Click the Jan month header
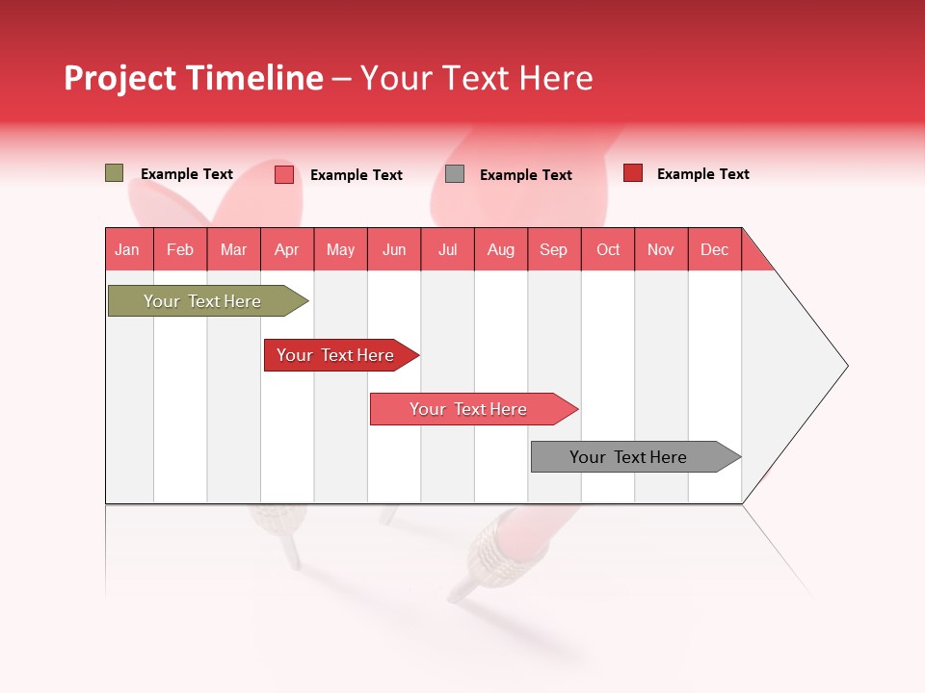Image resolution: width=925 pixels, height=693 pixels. tap(128, 249)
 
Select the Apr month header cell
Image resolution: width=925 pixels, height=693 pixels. tap(287, 249)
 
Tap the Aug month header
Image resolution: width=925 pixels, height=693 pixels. tap(501, 249)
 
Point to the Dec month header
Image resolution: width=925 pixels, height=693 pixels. tap(715, 249)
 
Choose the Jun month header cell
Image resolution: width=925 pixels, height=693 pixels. tap(394, 249)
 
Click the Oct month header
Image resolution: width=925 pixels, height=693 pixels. tap(608, 249)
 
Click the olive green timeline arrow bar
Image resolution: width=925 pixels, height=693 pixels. tap(203, 301)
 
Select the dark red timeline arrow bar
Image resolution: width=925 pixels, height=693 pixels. tap(336, 355)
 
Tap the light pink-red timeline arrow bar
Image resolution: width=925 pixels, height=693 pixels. tap(469, 409)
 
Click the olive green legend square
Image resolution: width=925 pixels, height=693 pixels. tap(115, 173)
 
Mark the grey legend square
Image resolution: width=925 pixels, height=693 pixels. tap(455, 174)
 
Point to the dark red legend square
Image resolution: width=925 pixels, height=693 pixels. tap(633, 173)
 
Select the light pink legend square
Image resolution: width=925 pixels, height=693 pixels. tap(284, 174)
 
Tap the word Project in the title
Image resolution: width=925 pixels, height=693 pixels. tap(120, 78)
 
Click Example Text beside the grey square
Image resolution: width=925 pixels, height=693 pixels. tap(526, 175)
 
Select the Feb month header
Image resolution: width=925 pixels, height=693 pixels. tap(180, 249)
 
